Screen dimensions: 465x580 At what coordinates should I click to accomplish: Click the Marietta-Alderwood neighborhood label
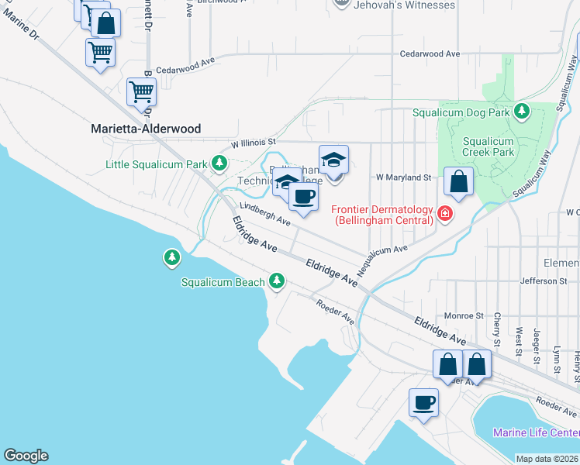tap(146, 129)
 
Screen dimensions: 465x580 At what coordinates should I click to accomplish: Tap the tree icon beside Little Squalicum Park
tap(220, 163)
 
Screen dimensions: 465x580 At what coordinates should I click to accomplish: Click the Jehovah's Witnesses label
tap(403, 5)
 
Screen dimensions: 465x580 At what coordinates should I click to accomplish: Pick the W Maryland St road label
tap(403, 177)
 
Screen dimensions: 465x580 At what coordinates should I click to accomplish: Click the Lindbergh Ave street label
tap(264, 214)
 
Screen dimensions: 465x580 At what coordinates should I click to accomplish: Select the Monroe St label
tap(464, 316)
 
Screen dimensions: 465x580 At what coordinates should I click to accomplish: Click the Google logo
tap(26, 456)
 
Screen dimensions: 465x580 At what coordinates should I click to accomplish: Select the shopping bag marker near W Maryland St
tap(459, 182)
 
